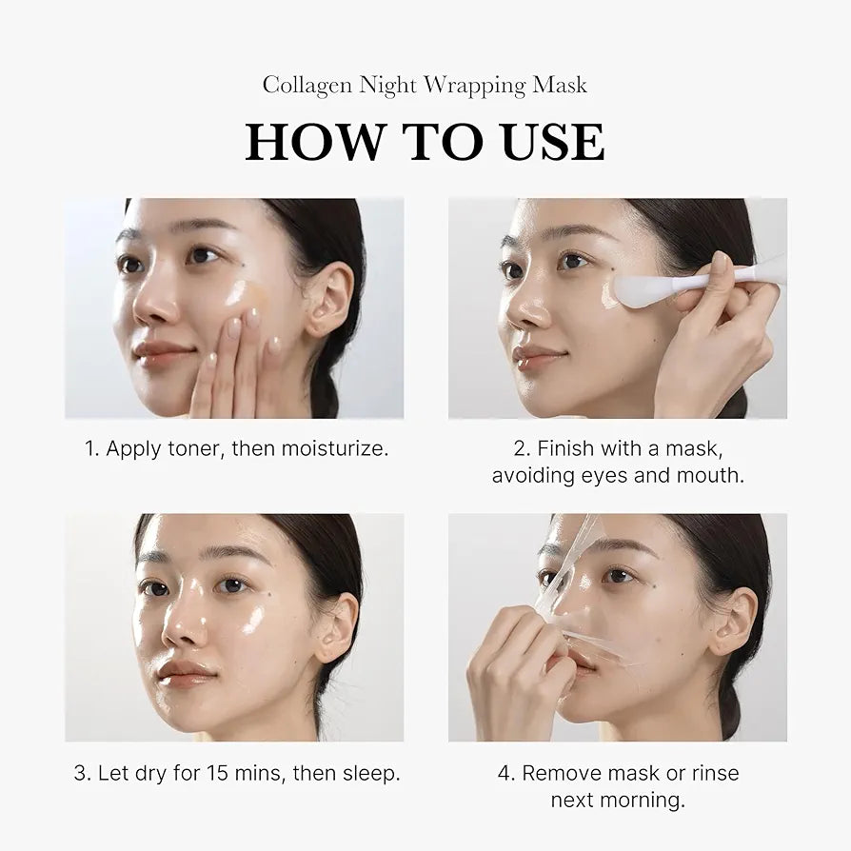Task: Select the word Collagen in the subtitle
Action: (x=307, y=85)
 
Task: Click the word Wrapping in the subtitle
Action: (x=474, y=86)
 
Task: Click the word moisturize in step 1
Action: (x=334, y=448)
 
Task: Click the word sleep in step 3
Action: (x=369, y=773)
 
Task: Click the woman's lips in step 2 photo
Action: (x=535, y=357)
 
